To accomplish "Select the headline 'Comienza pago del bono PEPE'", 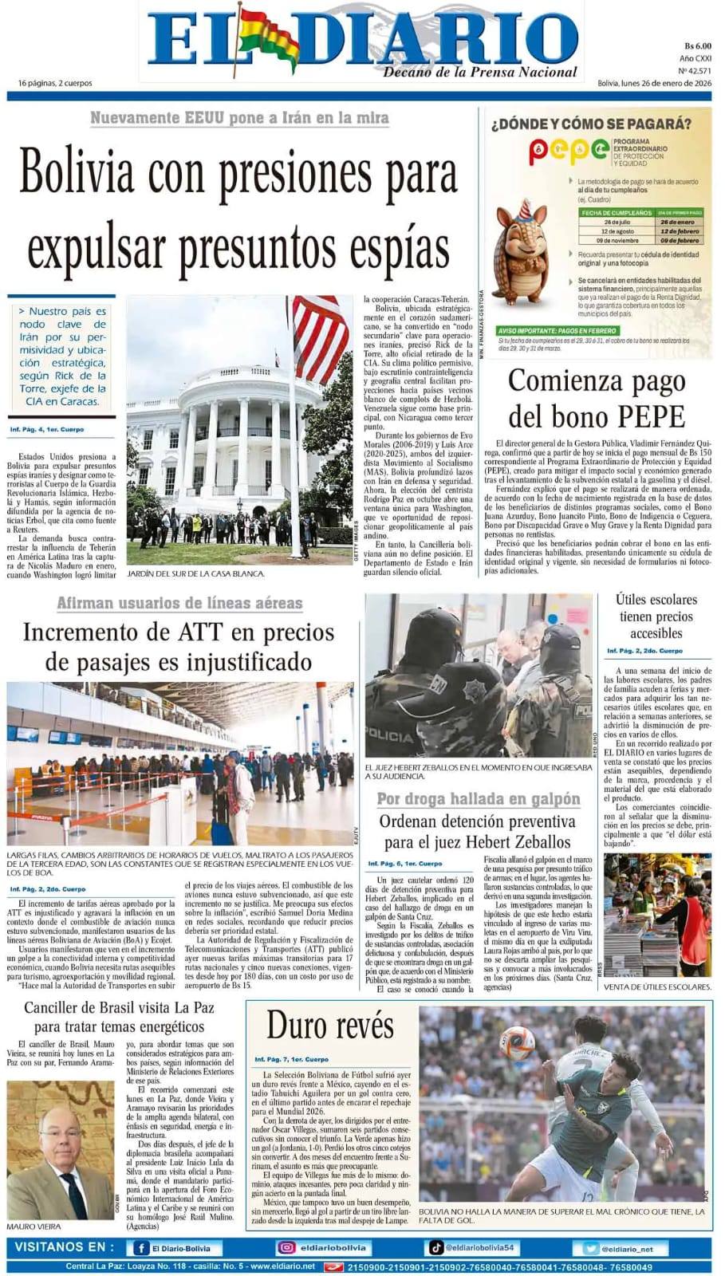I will point(597,398).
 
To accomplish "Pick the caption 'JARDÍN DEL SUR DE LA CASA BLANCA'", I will point(195,573).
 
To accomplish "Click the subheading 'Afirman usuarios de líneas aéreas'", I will point(179,603).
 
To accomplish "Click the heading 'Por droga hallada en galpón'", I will point(478,799).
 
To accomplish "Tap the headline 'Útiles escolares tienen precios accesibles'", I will point(656,616).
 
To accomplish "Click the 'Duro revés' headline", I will point(329,1025).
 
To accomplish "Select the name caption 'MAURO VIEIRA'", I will point(33,1226).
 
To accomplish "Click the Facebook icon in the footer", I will point(141,1248).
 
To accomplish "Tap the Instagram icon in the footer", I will point(286,1248).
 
